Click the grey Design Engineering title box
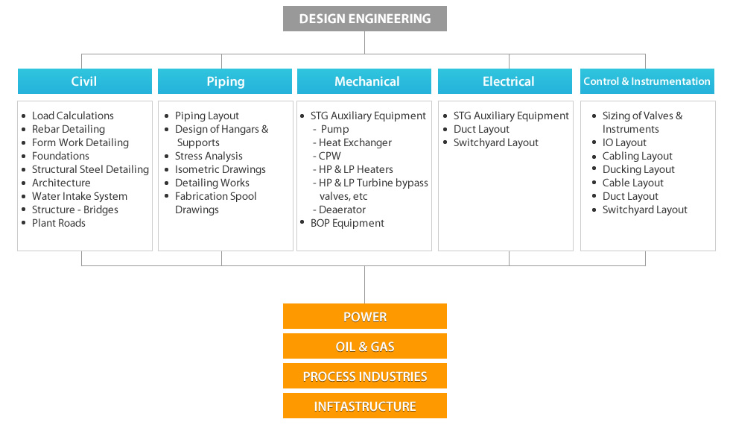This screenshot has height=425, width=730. tap(365, 19)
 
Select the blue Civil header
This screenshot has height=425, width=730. tap(84, 81)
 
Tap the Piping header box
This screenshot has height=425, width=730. tap(225, 81)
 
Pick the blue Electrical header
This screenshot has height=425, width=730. tap(509, 81)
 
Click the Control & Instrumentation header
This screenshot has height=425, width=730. tap(647, 81)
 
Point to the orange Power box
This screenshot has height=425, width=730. tap(365, 316)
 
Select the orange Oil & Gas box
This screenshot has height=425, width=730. tap(365, 346)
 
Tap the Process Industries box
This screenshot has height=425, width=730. tap(365, 376)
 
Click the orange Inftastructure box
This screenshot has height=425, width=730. tap(365, 406)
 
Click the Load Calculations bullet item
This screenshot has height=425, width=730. tap(72, 116)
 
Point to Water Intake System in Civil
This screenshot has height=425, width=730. tap(79, 196)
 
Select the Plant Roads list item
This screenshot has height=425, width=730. tap(58, 223)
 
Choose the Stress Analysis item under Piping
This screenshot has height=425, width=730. tap(209, 156)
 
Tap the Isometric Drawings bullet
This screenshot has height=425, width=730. tap(220, 169)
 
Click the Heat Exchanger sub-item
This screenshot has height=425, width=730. tap(355, 142)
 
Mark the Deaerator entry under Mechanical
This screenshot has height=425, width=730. tap(342, 210)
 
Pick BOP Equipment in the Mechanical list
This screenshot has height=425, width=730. tap(347, 223)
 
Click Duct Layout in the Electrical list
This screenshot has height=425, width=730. tap(481, 129)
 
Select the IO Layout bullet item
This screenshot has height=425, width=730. tap(624, 142)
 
